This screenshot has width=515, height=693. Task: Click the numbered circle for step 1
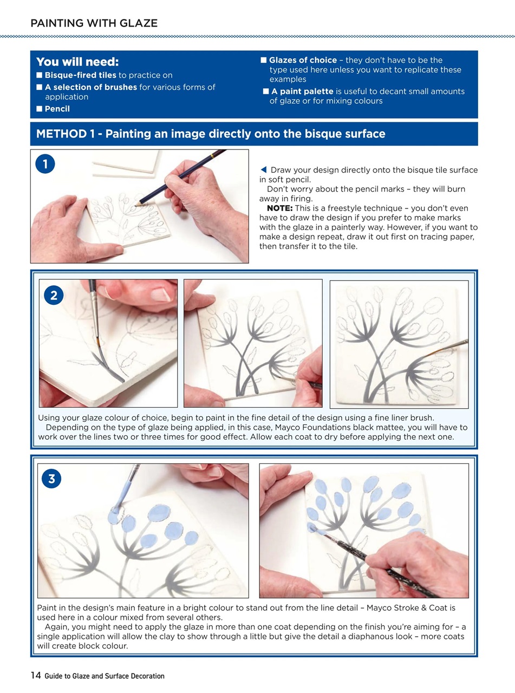pyautogui.click(x=45, y=164)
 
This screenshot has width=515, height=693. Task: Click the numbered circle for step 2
pyautogui.click(x=54, y=295)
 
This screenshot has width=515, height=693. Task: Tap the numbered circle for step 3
pyautogui.click(x=51, y=479)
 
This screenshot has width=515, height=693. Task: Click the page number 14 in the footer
pyautogui.click(x=36, y=675)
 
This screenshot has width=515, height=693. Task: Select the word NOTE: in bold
pyautogui.click(x=279, y=208)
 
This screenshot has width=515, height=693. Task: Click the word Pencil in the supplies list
pyautogui.click(x=57, y=109)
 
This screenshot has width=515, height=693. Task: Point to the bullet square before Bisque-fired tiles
pyautogui.click(x=40, y=75)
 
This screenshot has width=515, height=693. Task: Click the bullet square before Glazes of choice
pyautogui.click(x=264, y=60)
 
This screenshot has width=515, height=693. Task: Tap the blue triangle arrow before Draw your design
pyautogui.click(x=263, y=169)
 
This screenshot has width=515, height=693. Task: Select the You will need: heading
pyautogui.click(x=77, y=62)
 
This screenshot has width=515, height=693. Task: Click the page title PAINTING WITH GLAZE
pyautogui.click(x=94, y=23)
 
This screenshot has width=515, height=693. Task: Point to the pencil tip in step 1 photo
pyautogui.click(x=136, y=205)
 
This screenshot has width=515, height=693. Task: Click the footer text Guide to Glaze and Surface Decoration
pyautogui.click(x=105, y=676)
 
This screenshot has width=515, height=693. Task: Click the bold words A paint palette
pyautogui.click(x=302, y=91)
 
